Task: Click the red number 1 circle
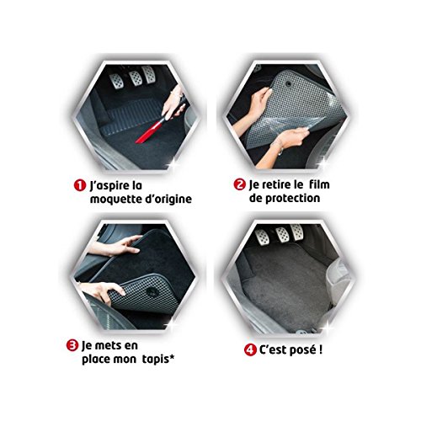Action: coord(80,185)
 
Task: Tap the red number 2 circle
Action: coord(240,184)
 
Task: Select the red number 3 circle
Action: coord(72,345)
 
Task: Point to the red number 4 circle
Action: coord(250,350)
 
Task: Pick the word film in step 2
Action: coord(319,184)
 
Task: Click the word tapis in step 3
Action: coord(154,360)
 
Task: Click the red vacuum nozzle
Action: coord(150,130)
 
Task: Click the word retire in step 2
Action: coord(277,184)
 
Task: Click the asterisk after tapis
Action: coord(171,357)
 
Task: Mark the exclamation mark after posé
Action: coord(320,349)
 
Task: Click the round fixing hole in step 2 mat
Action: coord(288,83)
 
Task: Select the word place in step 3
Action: coord(96,360)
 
